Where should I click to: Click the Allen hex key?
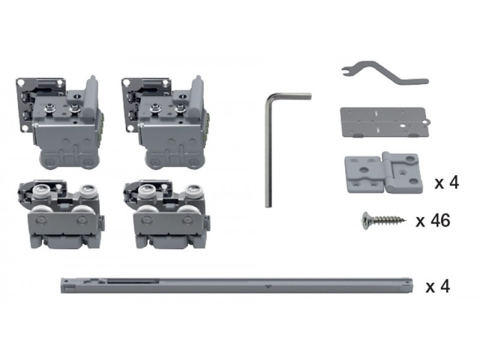point(268,150)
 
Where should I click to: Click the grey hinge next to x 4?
point(383,172)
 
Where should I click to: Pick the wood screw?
point(384,220)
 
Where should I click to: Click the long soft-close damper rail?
point(236,286)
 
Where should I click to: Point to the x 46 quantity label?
point(433,220)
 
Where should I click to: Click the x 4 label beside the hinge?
point(446,182)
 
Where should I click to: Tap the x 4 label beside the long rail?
point(438,287)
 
